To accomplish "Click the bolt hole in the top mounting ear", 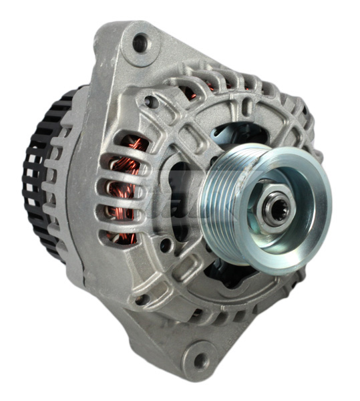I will point(140,44).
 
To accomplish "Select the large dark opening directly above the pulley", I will point(234,134).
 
